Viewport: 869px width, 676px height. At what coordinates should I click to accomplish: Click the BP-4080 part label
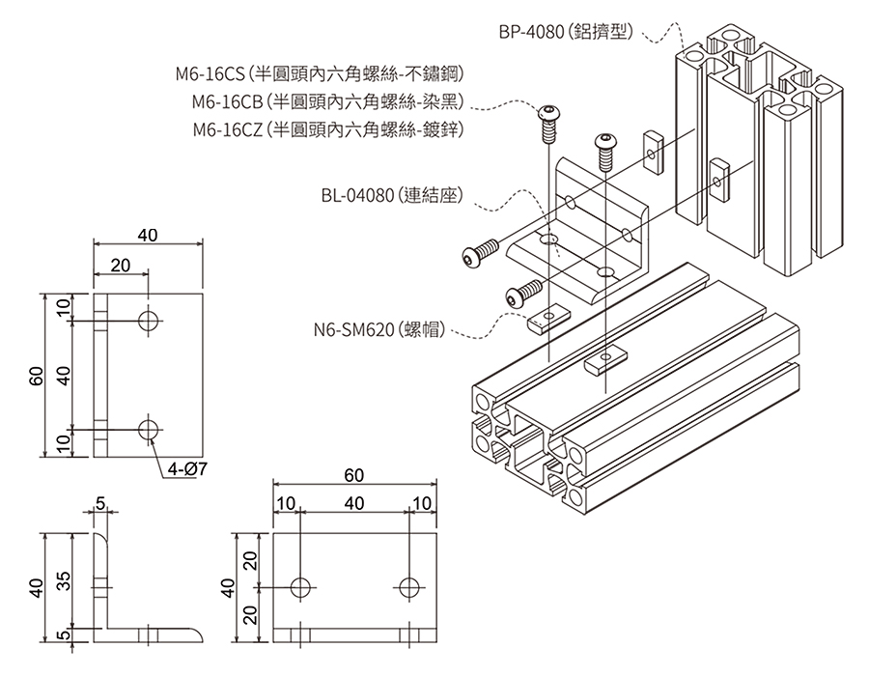click(x=566, y=32)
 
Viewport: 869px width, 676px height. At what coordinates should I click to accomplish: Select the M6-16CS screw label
click(x=320, y=72)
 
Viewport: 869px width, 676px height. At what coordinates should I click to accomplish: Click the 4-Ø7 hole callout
click(x=188, y=468)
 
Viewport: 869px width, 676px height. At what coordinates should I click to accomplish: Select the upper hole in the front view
click(x=149, y=321)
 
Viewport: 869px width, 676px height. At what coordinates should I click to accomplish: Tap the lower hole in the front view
click(x=149, y=428)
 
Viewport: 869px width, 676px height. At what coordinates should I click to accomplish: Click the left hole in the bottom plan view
click(x=301, y=586)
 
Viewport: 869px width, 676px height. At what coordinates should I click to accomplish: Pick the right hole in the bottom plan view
click(x=409, y=586)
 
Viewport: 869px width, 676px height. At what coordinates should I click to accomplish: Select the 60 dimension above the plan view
click(x=354, y=475)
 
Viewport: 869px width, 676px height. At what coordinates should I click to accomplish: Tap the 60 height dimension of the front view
click(x=36, y=375)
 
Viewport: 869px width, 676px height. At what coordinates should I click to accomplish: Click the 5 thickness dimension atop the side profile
click(x=100, y=502)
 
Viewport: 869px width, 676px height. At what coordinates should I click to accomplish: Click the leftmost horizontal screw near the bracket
click(x=478, y=254)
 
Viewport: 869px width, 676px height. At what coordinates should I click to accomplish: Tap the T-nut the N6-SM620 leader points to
click(x=546, y=320)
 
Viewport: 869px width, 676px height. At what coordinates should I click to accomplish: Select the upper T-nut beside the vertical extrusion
click(x=652, y=149)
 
